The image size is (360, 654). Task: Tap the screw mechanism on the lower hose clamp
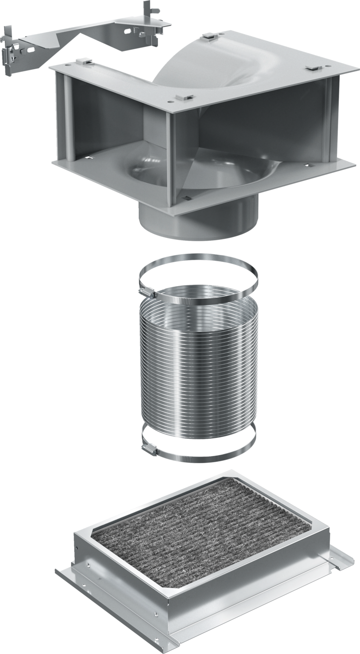click(149, 450)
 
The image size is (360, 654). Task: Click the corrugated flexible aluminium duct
click(199, 365)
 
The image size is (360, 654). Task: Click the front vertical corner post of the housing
click(171, 154)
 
